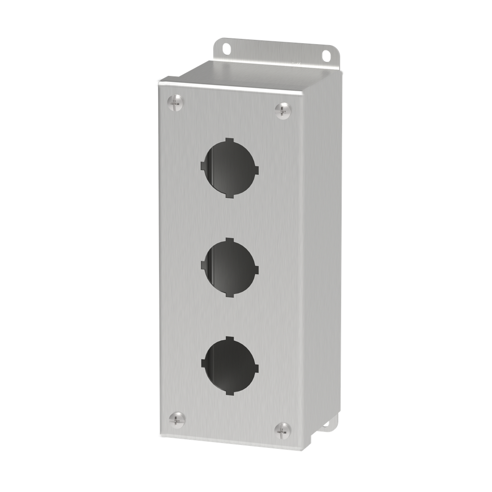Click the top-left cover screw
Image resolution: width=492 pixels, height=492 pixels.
175,102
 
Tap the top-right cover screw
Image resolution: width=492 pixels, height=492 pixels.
283,110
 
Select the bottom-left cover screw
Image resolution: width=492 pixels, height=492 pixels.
177,418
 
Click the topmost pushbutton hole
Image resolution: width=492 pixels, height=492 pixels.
230,168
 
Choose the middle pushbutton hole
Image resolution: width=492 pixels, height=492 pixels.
230,267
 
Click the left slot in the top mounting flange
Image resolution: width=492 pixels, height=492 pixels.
225,49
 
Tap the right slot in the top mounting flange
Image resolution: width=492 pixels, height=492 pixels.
327,55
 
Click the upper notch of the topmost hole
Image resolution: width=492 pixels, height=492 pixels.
229,140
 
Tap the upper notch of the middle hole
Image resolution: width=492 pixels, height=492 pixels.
229,240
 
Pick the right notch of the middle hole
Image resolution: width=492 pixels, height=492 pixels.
256,269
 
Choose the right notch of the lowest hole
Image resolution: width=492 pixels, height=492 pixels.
256,368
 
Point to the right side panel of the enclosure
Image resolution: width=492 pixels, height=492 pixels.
320,250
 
